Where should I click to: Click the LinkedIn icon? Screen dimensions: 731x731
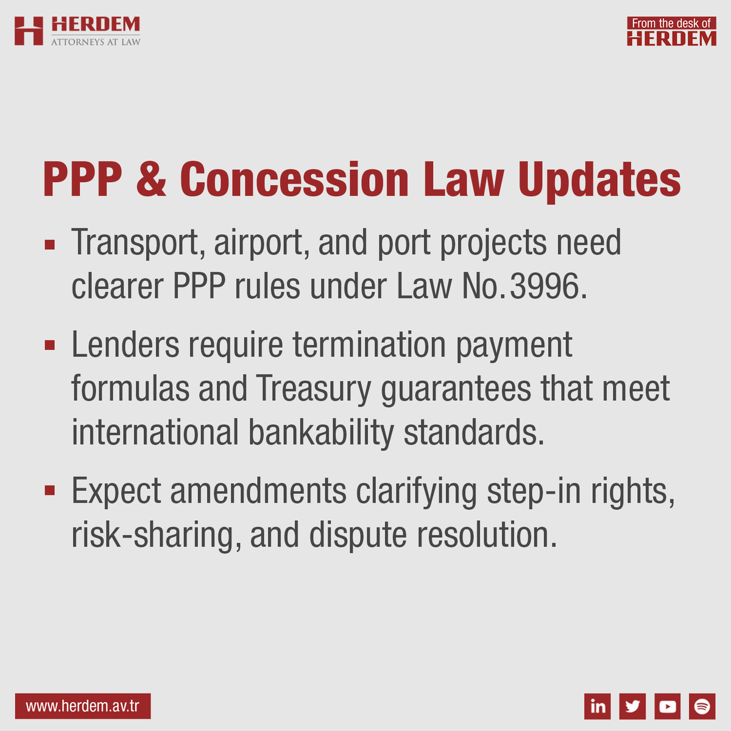tap(598, 706)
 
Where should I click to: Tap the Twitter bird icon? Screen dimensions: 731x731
tap(632, 706)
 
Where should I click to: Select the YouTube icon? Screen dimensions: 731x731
tap(668, 706)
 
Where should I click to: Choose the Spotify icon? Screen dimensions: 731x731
tap(702, 706)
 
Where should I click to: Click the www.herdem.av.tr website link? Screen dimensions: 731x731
tap(83, 707)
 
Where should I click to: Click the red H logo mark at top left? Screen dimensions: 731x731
tap(29, 31)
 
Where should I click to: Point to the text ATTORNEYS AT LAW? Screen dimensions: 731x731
tap(96, 42)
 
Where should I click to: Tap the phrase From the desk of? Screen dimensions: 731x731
tap(671, 23)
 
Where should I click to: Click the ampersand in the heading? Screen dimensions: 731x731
tap(151, 180)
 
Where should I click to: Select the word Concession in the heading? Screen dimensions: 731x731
tap(294, 180)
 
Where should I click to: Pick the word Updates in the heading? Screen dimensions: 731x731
tap(599, 180)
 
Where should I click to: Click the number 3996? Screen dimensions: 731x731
tap(544, 286)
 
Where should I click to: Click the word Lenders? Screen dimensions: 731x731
tap(125, 345)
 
